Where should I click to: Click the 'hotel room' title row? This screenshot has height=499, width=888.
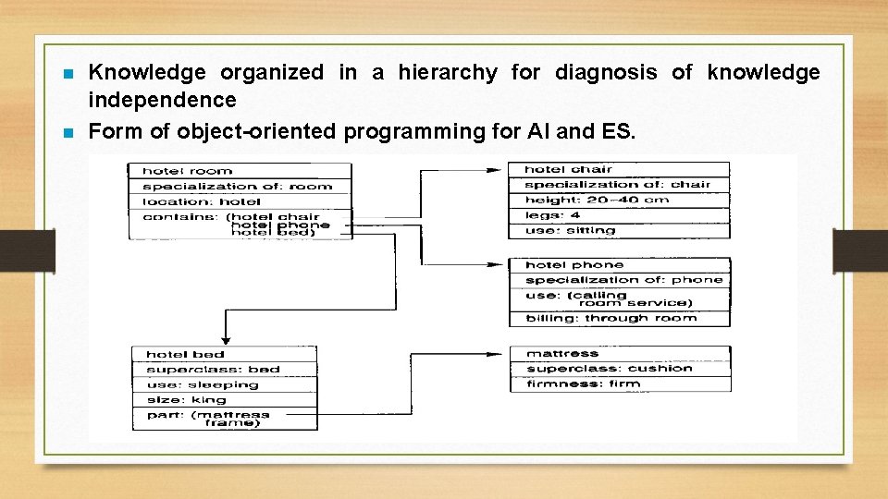240,171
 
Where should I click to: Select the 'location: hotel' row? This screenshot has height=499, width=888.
240,201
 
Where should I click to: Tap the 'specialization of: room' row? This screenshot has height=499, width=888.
240,186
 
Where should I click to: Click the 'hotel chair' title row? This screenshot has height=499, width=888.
619,169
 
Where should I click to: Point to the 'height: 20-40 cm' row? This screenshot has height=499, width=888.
619,200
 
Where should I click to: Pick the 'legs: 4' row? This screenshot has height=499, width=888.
619,215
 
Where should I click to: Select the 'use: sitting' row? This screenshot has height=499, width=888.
619,230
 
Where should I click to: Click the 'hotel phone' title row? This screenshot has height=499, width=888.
619,265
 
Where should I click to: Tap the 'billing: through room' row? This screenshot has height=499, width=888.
619,319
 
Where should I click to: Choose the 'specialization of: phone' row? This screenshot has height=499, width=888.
619,280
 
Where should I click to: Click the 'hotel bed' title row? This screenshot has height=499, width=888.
225,354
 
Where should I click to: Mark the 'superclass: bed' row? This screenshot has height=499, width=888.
225,370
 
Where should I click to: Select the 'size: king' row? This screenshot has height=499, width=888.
225,400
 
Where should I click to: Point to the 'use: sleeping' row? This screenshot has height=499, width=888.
225,384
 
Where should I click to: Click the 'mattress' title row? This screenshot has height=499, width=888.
620,354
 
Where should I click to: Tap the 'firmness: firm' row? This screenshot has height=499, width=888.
620,383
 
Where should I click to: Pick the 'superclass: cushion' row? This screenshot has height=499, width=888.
620,369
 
